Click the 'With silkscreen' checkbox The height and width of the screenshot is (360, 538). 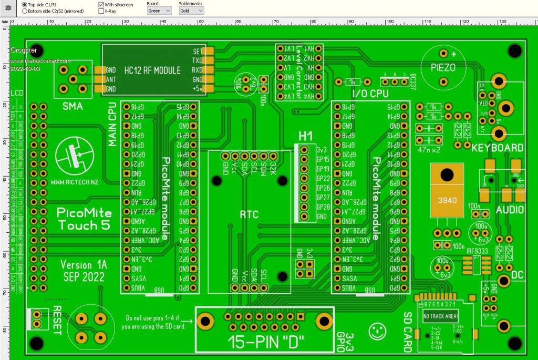pyautogui.click(x=101, y=4)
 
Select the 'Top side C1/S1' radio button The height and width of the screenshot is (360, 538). pyautogui.click(x=25, y=4)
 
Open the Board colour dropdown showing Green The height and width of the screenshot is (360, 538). pyautogui.click(x=159, y=11)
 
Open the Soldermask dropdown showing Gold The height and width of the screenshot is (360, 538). pyautogui.click(x=191, y=11)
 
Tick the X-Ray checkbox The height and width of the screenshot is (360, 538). pyautogui.click(x=101, y=11)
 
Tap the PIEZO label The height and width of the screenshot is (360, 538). pyautogui.click(x=443, y=67)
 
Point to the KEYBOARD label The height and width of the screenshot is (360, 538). pyautogui.click(x=497, y=148)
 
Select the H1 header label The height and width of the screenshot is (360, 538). pyautogui.click(x=305, y=136)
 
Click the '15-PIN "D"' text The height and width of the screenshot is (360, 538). pyautogui.click(x=266, y=342)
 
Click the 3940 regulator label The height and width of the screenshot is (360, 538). pyautogui.click(x=447, y=200)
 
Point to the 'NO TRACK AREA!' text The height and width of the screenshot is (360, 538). pyautogui.click(x=441, y=316)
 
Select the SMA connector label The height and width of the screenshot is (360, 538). pyautogui.click(x=73, y=106)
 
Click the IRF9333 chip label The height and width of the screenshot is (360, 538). pyautogui.click(x=476, y=251)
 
